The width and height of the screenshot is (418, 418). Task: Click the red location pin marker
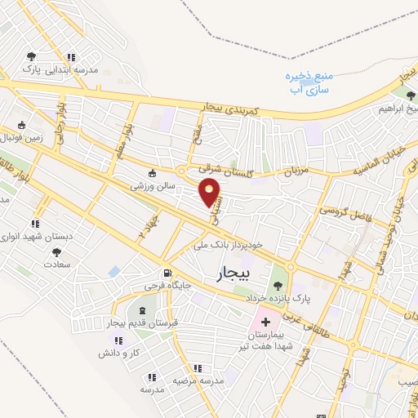[x=211, y=192]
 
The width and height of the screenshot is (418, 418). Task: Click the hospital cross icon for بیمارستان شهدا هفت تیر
[x=265, y=322]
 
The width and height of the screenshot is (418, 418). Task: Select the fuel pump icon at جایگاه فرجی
[x=167, y=273]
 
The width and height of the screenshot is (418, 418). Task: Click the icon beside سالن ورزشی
[x=153, y=172]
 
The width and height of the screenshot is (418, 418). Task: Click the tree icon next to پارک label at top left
[x=31, y=56]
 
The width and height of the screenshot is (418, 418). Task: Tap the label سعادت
[x=58, y=265]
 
